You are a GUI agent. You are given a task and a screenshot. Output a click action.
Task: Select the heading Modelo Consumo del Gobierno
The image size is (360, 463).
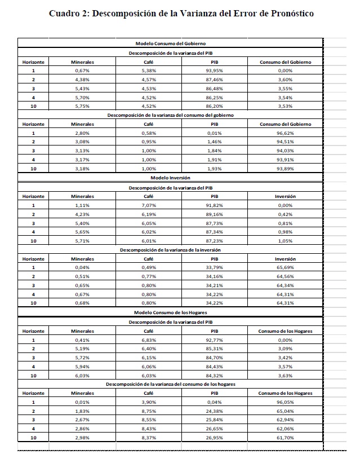pyautogui.click(x=170, y=43)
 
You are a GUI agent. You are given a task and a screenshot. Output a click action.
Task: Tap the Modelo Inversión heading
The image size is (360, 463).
pyautogui.click(x=170, y=178)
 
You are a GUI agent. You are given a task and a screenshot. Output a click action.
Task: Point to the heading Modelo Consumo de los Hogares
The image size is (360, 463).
pyautogui.click(x=170, y=312)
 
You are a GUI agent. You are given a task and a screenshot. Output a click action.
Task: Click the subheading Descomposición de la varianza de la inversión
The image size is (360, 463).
pyautogui.click(x=170, y=249)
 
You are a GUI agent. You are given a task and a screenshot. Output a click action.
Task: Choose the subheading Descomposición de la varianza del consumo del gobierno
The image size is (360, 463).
pyautogui.click(x=170, y=115)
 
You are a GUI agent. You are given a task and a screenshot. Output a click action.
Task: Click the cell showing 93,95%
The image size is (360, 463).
pyautogui.click(x=214, y=70)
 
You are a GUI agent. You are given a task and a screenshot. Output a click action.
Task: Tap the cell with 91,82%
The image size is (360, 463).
pyautogui.click(x=214, y=205)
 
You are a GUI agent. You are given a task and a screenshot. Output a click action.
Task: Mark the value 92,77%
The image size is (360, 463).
pyautogui.click(x=214, y=339)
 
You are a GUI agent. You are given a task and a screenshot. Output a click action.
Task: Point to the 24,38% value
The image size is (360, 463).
pyautogui.click(x=214, y=411)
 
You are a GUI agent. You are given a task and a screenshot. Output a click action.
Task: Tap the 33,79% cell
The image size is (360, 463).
pyautogui.click(x=214, y=267)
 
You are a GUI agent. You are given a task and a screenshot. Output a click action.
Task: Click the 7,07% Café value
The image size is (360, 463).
pyautogui.click(x=149, y=205)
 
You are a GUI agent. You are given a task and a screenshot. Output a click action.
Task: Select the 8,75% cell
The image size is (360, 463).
pyautogui.click(x=149, y=411)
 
